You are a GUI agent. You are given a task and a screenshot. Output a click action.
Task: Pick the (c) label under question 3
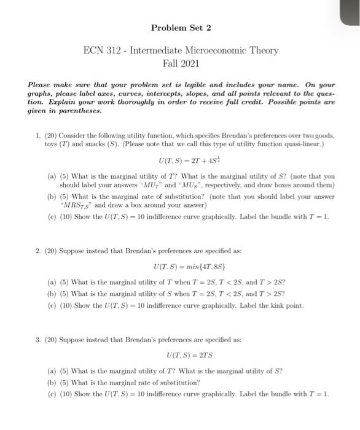tap(52, 394)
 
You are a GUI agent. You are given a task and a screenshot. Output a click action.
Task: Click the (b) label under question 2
tap(52, 293)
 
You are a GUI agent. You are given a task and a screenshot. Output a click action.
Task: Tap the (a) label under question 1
tap(52, 176)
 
